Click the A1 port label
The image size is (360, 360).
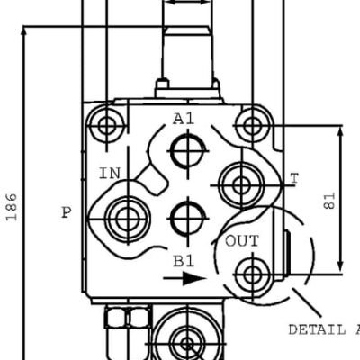pos(184,119)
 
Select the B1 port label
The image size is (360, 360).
pos(184,261)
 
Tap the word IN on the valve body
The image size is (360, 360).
pos(110,174)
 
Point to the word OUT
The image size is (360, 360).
pos(242,241)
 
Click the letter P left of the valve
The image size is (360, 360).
pos(67,213)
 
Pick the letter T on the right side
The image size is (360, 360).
pos(295,179)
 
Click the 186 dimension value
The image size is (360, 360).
pos(12,207)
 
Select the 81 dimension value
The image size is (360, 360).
pos(329,201)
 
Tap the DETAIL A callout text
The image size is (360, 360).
pos(324,329)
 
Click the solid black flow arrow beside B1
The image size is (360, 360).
pos(184,278)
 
